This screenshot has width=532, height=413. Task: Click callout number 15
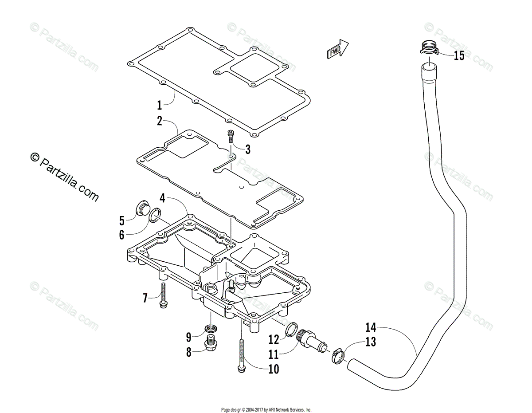(458, 56)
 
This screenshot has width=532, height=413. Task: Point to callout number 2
(159, 121)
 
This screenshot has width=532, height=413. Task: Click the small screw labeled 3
(231, 136)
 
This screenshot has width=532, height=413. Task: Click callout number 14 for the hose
(371, 328)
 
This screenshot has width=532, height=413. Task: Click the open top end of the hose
(429, 68)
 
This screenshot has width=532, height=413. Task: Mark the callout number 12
(274, 340)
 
